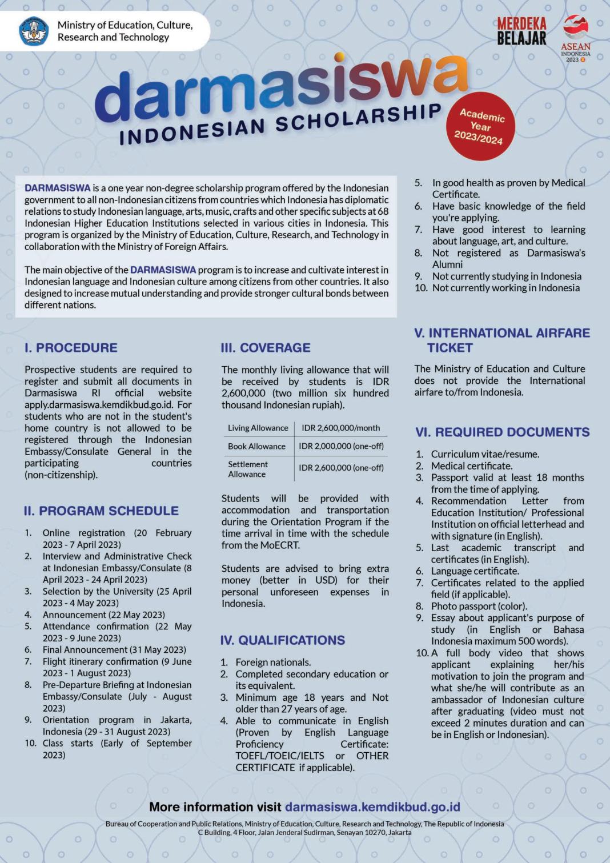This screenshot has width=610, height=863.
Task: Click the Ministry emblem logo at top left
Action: (34, 31)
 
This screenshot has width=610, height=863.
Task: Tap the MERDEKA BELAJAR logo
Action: (521, 31)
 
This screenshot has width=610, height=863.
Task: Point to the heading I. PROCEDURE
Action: (71, 348)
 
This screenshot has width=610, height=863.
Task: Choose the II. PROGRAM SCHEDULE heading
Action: (101, 511)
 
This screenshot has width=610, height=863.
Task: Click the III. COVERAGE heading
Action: (266, 348)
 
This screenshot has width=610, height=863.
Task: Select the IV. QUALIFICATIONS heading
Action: (283, 640)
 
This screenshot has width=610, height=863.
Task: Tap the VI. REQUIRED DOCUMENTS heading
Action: (503, 432)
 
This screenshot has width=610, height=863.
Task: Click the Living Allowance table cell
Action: (258, 428)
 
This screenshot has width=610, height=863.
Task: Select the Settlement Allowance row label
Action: (248, 469)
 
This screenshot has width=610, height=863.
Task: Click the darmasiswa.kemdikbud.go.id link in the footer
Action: (372, 807)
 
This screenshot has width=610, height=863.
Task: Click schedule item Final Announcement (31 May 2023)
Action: (114, 649)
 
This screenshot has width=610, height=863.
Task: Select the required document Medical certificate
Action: (472, 466)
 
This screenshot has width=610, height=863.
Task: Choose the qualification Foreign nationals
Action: (273, 663)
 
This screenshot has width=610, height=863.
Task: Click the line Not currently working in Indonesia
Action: (505, 288)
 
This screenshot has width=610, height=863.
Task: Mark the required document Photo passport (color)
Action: (479, 606)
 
